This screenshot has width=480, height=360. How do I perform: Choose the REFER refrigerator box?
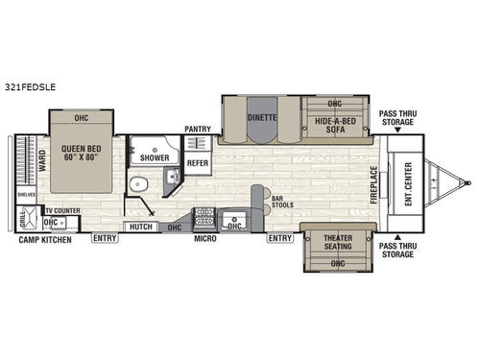point(197,163)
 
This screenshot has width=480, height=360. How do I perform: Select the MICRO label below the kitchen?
point(204,239)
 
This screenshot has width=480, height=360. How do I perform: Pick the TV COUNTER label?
point(62,209)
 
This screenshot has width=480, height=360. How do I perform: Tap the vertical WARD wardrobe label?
point(28,156)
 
